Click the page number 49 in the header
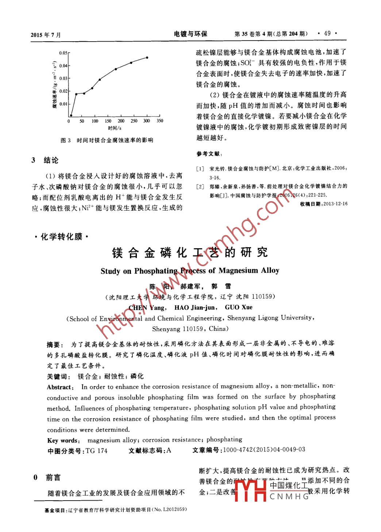pos(327,34)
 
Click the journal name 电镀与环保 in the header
pos(190,34)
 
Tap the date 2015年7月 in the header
pos(46,35)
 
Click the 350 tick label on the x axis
pos(160,121)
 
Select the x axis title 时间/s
pos(115,128)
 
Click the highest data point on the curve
pos(147,58)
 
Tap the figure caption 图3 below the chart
pos(107,140)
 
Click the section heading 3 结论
pos(45,160)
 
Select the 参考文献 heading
pos(209,154)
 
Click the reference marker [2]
pos(200,187)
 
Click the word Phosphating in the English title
pos(155,271)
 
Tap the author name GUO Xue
pos(239,307)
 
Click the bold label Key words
pos(63,440)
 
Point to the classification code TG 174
pos(96,451)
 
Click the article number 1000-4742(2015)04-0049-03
pos(264,450)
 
